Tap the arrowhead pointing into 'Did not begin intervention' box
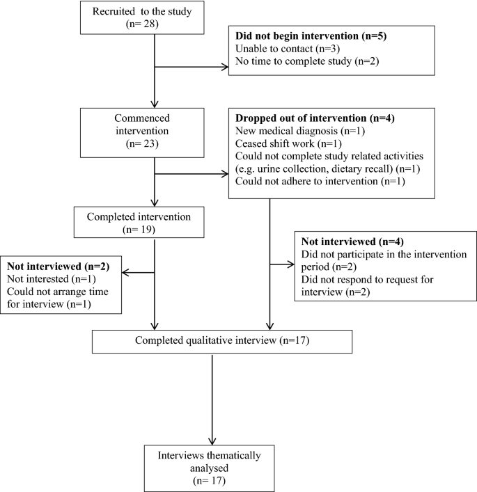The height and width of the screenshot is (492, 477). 224,68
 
